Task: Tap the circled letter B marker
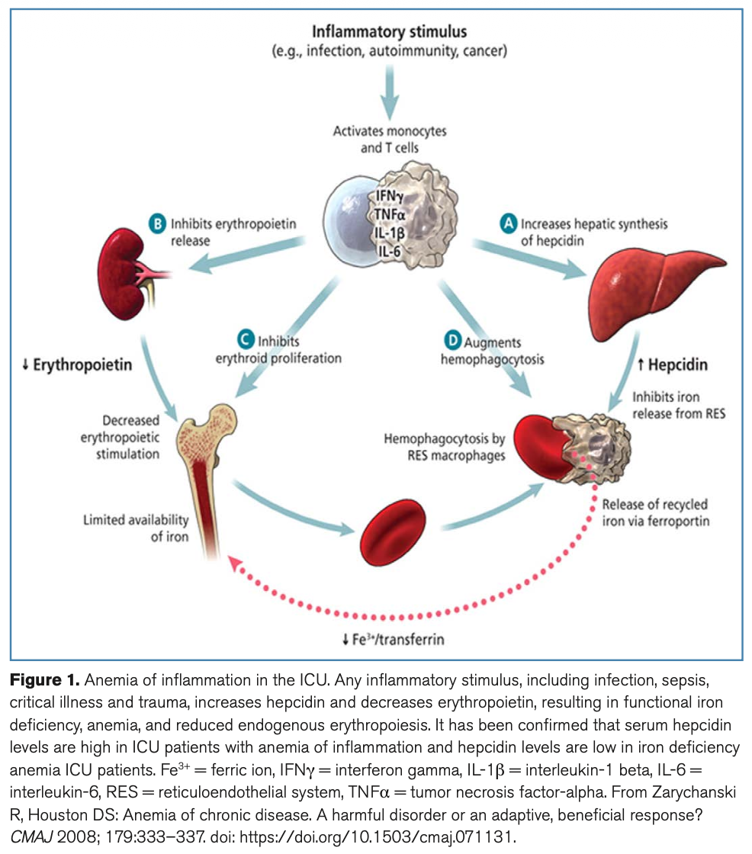click(156, 225)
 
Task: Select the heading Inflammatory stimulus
click(389, 33)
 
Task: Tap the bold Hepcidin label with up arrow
click(672, 364)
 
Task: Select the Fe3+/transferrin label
click(393, 639)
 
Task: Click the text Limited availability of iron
click(136, 528)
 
